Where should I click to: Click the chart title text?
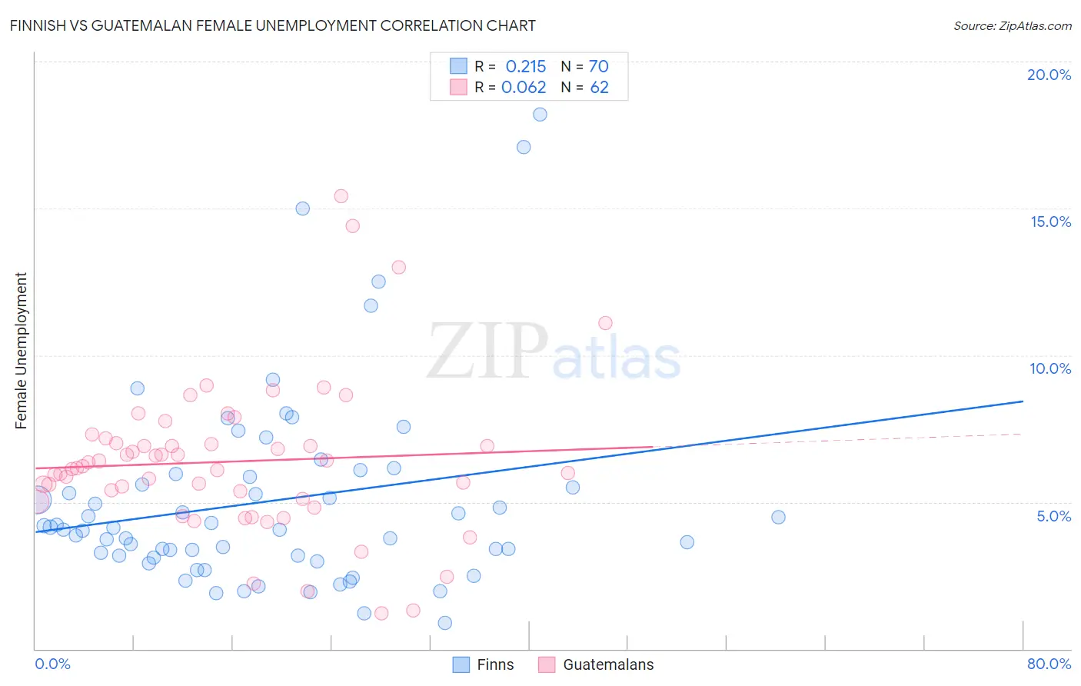(x=272, y=25)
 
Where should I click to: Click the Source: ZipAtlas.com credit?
(x=1012, y=25)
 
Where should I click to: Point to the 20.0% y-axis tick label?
(x=1049, y=75)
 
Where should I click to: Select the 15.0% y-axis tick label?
(x=1050, y=221)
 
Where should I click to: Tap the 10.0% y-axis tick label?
(x=1050, y=368)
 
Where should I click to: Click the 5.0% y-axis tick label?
(x=1053, y=516)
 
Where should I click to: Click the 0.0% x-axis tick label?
(x=52, y=664)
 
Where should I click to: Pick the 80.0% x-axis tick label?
(x=1049, y=664)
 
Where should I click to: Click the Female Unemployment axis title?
(x=21, y=350)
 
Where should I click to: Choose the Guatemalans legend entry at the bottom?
(x=596, y=664)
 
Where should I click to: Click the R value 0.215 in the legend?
(x=526, y=67)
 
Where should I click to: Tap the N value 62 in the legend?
(x=599, y=88)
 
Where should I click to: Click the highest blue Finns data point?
(x=540, y=115)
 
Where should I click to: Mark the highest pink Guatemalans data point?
(x=341, y=196)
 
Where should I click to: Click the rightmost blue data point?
(x=778, y=518)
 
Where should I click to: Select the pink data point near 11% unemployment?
(x=605, y=323)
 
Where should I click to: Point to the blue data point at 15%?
(x=303, y=208)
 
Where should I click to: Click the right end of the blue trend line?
(x=1022, y=401)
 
